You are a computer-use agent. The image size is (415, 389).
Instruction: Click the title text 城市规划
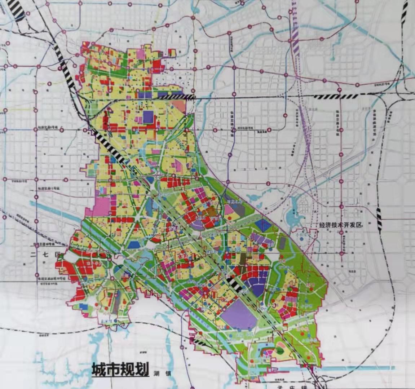120,370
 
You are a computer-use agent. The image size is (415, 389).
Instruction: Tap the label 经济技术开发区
340,225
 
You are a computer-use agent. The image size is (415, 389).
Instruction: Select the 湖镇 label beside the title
163,373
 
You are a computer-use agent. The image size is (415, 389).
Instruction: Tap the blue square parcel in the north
148,117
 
